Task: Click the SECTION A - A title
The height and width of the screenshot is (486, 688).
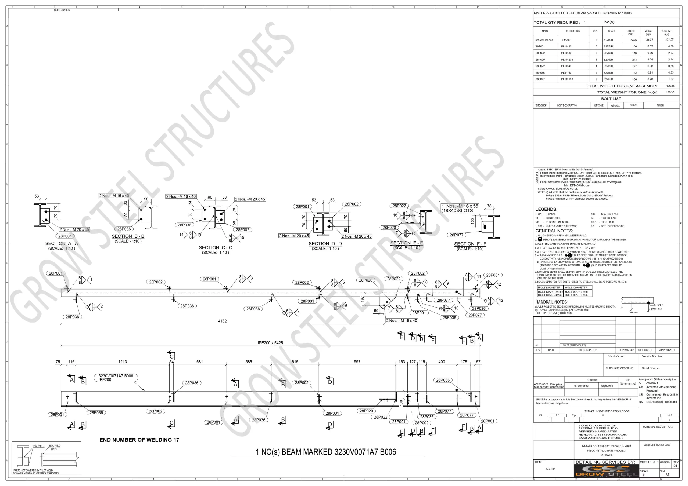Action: click(x=62, y=244)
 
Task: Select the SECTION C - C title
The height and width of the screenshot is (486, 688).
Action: click(x=216, y=247)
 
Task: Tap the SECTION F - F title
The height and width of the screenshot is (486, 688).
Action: click(x=470, y=244)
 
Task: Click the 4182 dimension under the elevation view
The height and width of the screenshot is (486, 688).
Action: click(x=222, y=321)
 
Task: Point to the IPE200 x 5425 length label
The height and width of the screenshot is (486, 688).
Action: click(x=270, y=343)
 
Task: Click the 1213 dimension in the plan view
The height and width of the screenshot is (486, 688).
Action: click(x=123, y=362)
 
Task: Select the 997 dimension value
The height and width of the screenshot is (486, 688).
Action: click(x=357, y=362)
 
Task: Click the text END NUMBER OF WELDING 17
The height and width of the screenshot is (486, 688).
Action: click(x=139, y=440)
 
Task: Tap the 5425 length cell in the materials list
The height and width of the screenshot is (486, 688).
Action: click(x=633, y=40)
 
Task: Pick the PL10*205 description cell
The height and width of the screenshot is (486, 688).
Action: click(x=567, y=60)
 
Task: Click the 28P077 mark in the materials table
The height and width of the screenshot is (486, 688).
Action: click(x=540, y=79)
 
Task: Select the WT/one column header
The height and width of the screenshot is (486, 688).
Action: click(x=648, y=32)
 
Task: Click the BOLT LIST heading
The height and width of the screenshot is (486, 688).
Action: click(x=611, y=99)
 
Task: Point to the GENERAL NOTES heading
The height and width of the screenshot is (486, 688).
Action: click(x=554, y=231)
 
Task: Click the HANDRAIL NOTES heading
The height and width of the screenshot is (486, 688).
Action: click(x=551, y=302)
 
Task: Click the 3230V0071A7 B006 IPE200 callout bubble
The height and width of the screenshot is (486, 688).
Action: click(x=116, y=378)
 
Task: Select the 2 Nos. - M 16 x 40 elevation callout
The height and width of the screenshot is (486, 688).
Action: click(x=402, y=320)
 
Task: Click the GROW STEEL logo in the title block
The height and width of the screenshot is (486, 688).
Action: click(x=606, y=471)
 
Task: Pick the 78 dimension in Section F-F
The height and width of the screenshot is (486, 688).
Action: click(x=489, y=206)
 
